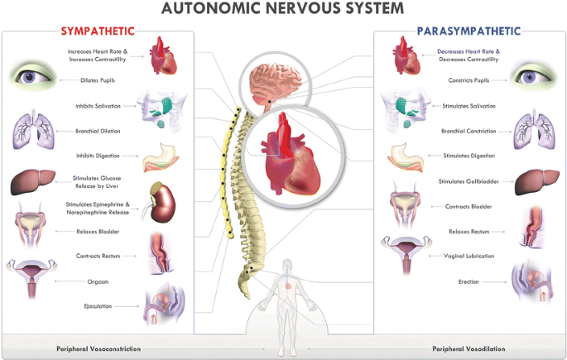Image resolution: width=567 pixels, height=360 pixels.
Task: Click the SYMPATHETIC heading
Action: (x=98, y=31)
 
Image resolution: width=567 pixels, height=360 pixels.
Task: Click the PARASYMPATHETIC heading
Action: (x=468, y=31)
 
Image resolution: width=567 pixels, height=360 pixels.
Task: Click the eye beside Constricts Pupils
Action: (x=531, y=78)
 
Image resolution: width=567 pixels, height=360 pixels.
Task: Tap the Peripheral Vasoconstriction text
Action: (x=98, y=348)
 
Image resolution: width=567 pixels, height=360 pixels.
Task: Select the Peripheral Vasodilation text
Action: (x=468, y=348)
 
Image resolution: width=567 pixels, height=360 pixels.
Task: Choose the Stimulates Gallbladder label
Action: (x=467, y=180)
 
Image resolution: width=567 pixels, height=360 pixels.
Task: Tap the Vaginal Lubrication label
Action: (x=469, y=256)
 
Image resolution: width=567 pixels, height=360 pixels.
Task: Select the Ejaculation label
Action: (x=97, y=306)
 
